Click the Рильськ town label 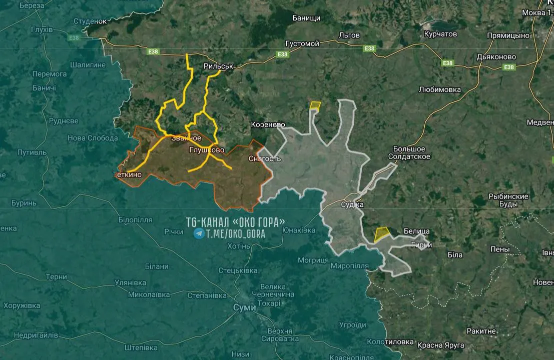[219, 66]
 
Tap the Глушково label [207, 150]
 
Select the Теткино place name [128, 174]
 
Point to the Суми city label [244, 307]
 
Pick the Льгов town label [349, 35]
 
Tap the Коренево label [268, 124]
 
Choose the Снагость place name [265, 158]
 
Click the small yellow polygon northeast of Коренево [315, 105]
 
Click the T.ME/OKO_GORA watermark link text [236, 233]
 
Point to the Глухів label [42, 29]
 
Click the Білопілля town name [136, 220]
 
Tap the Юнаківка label [299, 230]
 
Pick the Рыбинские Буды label [508, 200]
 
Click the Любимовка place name [439, 89]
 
